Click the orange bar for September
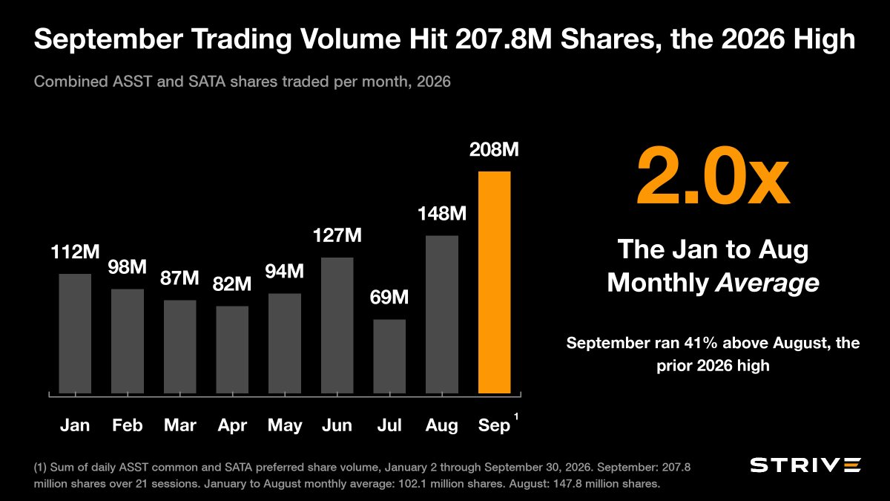coord(494,282)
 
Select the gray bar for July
coord(389,356)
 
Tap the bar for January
coord(75,333)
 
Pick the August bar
coord(442,315)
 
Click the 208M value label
coord(494,150)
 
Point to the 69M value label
coord(389,298)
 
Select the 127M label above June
coord(337,235)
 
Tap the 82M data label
coord(232,284)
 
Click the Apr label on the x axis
coord(232,426)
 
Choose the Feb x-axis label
coord(127,425)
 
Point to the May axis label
coord(285,426)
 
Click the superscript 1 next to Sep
coord(516,416)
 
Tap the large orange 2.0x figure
coord(713,176)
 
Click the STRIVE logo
coord(805,465)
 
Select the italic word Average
coord(767,283)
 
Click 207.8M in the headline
coord(504,39)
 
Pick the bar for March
coord(180,347)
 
